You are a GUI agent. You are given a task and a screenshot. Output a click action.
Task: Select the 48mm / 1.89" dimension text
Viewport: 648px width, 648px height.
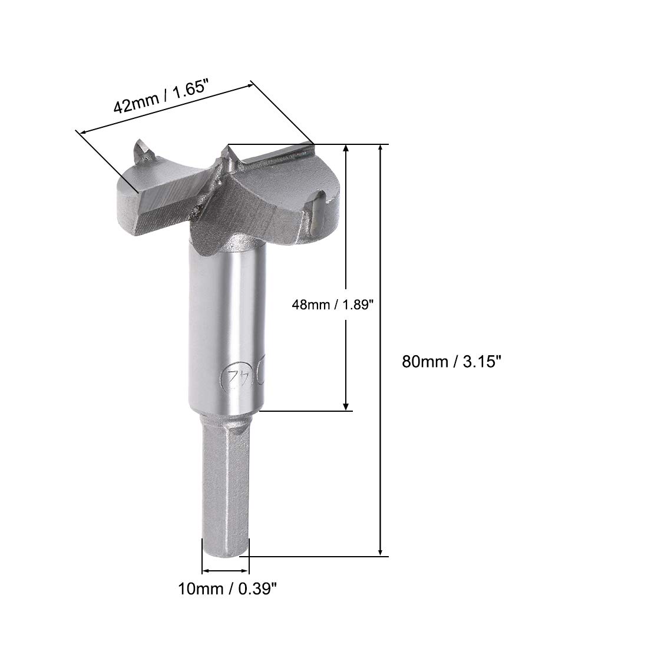pyautogui.click(x=333, y=305)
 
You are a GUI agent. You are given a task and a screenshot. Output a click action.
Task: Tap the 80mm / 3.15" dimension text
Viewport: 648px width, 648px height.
pyautogui.click(x=451, y=362)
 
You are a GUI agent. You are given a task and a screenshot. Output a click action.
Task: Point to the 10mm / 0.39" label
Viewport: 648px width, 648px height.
pyautogui.click(x=227, y=589)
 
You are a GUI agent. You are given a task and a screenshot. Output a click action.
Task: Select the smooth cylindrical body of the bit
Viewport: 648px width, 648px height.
pyautogui.click(x=226, y=326)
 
